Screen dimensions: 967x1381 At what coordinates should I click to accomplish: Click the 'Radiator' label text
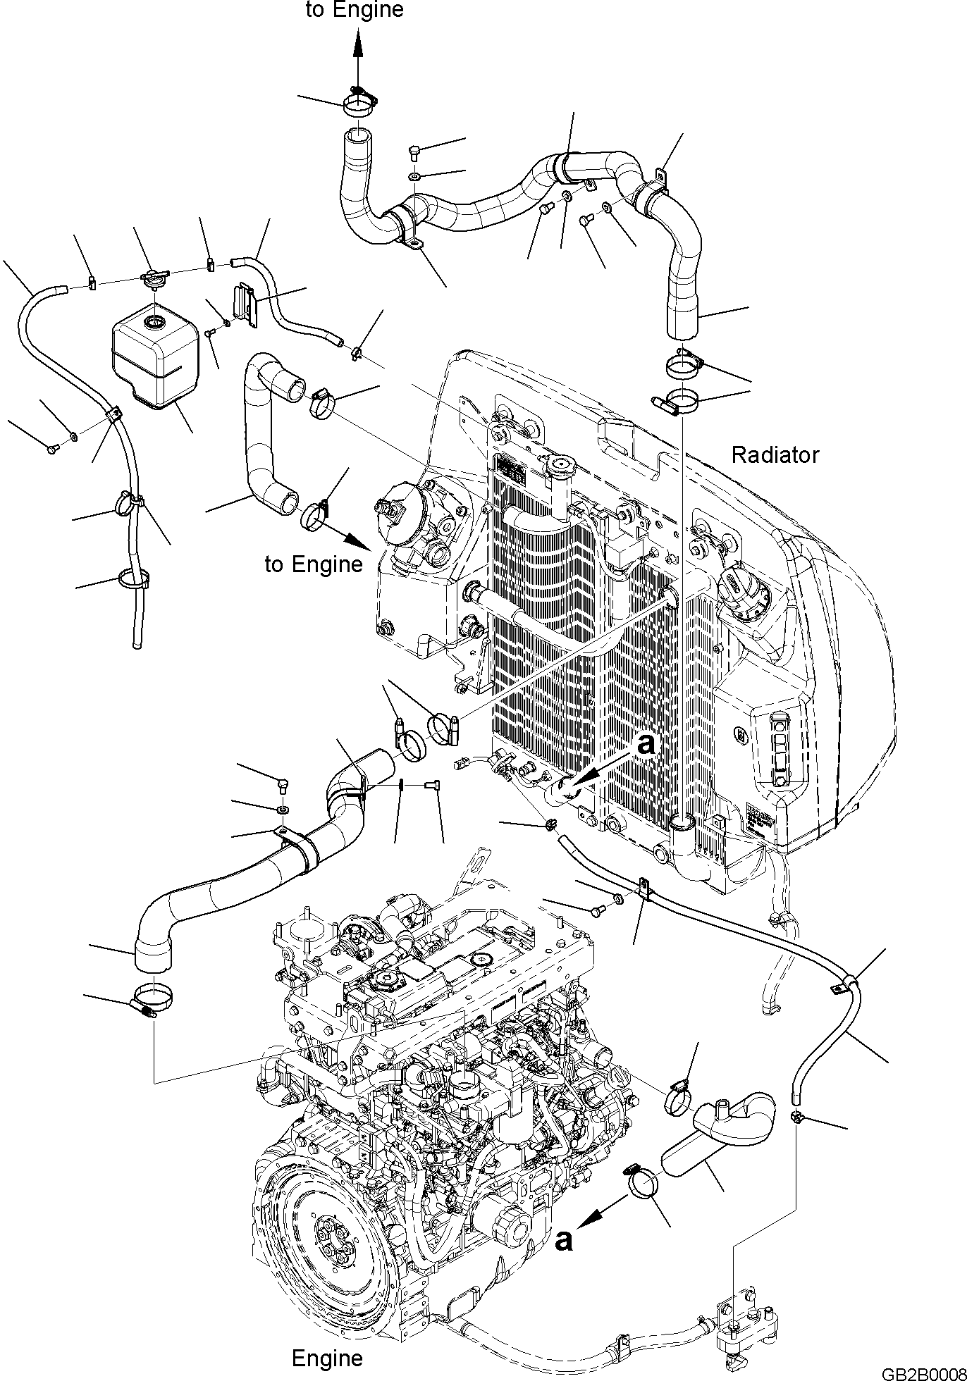point(775,455)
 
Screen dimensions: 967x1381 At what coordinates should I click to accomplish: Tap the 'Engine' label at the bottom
point(327,1358)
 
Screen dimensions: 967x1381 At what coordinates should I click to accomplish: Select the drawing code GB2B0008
point(923,1374)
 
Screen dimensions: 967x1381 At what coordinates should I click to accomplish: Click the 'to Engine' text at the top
point(355,10)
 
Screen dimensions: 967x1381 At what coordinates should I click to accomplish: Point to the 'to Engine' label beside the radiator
point(314,564)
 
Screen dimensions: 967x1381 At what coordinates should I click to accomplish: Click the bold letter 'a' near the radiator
point(646,745)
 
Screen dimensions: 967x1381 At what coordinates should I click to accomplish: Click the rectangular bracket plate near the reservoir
point(245,304)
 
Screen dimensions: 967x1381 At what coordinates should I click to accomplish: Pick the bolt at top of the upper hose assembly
point(414,150)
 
